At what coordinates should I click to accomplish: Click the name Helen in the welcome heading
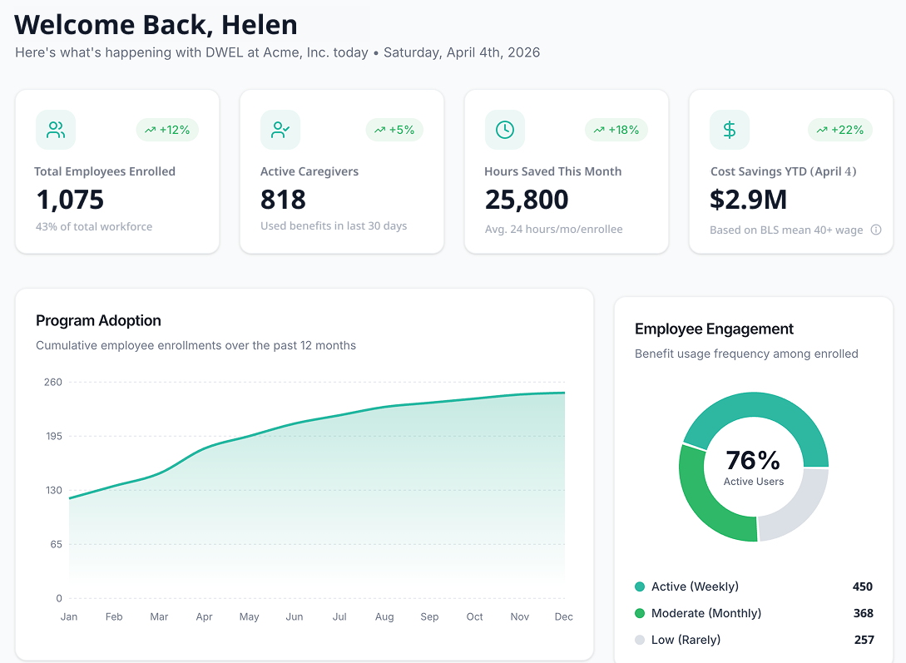click(x=259, y=25)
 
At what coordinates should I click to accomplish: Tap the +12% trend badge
click(x=167, y=130)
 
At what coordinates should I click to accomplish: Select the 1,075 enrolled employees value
click(x=70, y=200)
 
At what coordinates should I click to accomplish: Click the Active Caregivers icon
click(x=280, y=130)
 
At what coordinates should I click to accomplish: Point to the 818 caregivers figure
click(x=283, y=200)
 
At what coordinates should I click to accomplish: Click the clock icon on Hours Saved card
click(x=505, y=130)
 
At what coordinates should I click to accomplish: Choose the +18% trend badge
click(x=616, y=130)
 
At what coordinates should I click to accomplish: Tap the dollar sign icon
click(x=730, y=130)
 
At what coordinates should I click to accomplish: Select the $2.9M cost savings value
click(x=748, y=200)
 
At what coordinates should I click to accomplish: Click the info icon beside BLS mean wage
click(x=876, y=230)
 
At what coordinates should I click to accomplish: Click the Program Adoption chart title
click(x=98, y=321)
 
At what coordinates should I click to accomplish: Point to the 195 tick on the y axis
click(x=53, y=436)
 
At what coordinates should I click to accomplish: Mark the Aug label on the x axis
click(x=384, y=616)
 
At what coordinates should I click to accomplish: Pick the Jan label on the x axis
click(x=69, y=616)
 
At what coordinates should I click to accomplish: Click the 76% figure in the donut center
click(x=753, y=460)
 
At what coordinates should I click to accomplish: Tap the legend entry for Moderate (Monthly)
click(x=705, y=613)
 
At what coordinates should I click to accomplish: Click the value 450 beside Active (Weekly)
click(x=863, y=586)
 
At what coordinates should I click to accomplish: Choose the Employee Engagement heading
click(x=714, y=329)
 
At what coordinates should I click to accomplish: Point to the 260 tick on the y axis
click(x=53, y=382)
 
